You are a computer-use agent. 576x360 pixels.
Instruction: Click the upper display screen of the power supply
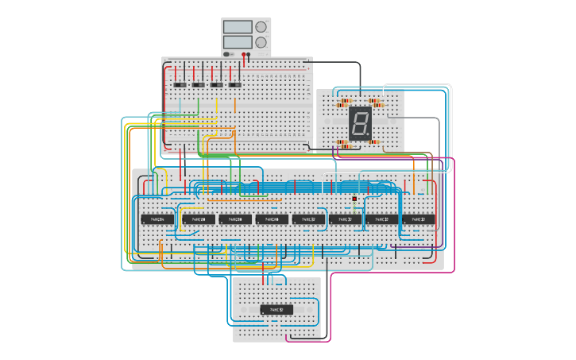(x=238, y=27)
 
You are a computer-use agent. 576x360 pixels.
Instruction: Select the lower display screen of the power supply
(x=238, y=41)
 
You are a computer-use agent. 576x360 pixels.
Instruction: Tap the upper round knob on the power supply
(x=261, y=27)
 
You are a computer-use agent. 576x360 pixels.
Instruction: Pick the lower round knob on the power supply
(x=261, y=42)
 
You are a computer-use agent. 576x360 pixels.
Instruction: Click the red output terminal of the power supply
(x=243, y=55)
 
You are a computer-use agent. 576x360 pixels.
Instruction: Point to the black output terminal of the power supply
(x=249, y=55)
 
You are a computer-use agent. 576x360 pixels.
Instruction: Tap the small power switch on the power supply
(x=227, y=54)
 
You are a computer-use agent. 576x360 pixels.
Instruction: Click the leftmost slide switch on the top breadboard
(x=180, y=84)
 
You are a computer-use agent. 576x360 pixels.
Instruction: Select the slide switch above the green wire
(x=199, y=84)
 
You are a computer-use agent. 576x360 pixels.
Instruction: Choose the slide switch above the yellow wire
(x=217, y=84)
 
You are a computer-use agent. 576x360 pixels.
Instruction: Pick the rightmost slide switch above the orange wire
(x=235, y=84)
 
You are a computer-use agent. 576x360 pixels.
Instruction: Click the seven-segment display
(x=360, y=123)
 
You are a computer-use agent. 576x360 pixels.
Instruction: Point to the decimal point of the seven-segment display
(x=369, y=136)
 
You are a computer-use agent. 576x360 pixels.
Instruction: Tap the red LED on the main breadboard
(x=354, y=199)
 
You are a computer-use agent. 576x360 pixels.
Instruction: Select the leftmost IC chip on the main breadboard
(x=157, y=219)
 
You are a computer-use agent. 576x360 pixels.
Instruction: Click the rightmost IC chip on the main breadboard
(x=418, y=219)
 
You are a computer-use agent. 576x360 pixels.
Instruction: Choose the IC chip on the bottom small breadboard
(x=276, y=309)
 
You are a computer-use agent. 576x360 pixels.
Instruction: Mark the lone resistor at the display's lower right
(x=374, y=142)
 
